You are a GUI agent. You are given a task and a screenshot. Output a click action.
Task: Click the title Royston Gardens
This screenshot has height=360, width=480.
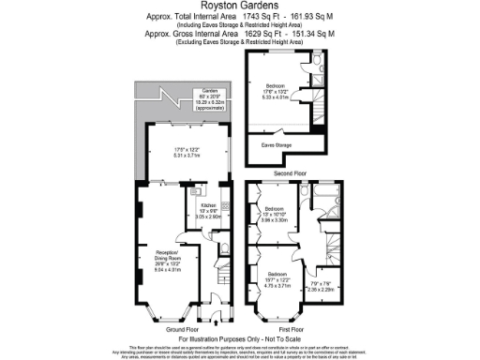[x=239, y=6]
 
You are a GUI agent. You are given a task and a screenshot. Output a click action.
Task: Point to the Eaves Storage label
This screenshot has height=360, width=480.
[x=277, y=145]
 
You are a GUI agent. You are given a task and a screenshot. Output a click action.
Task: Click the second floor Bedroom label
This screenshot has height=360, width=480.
[x=277, y=82]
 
